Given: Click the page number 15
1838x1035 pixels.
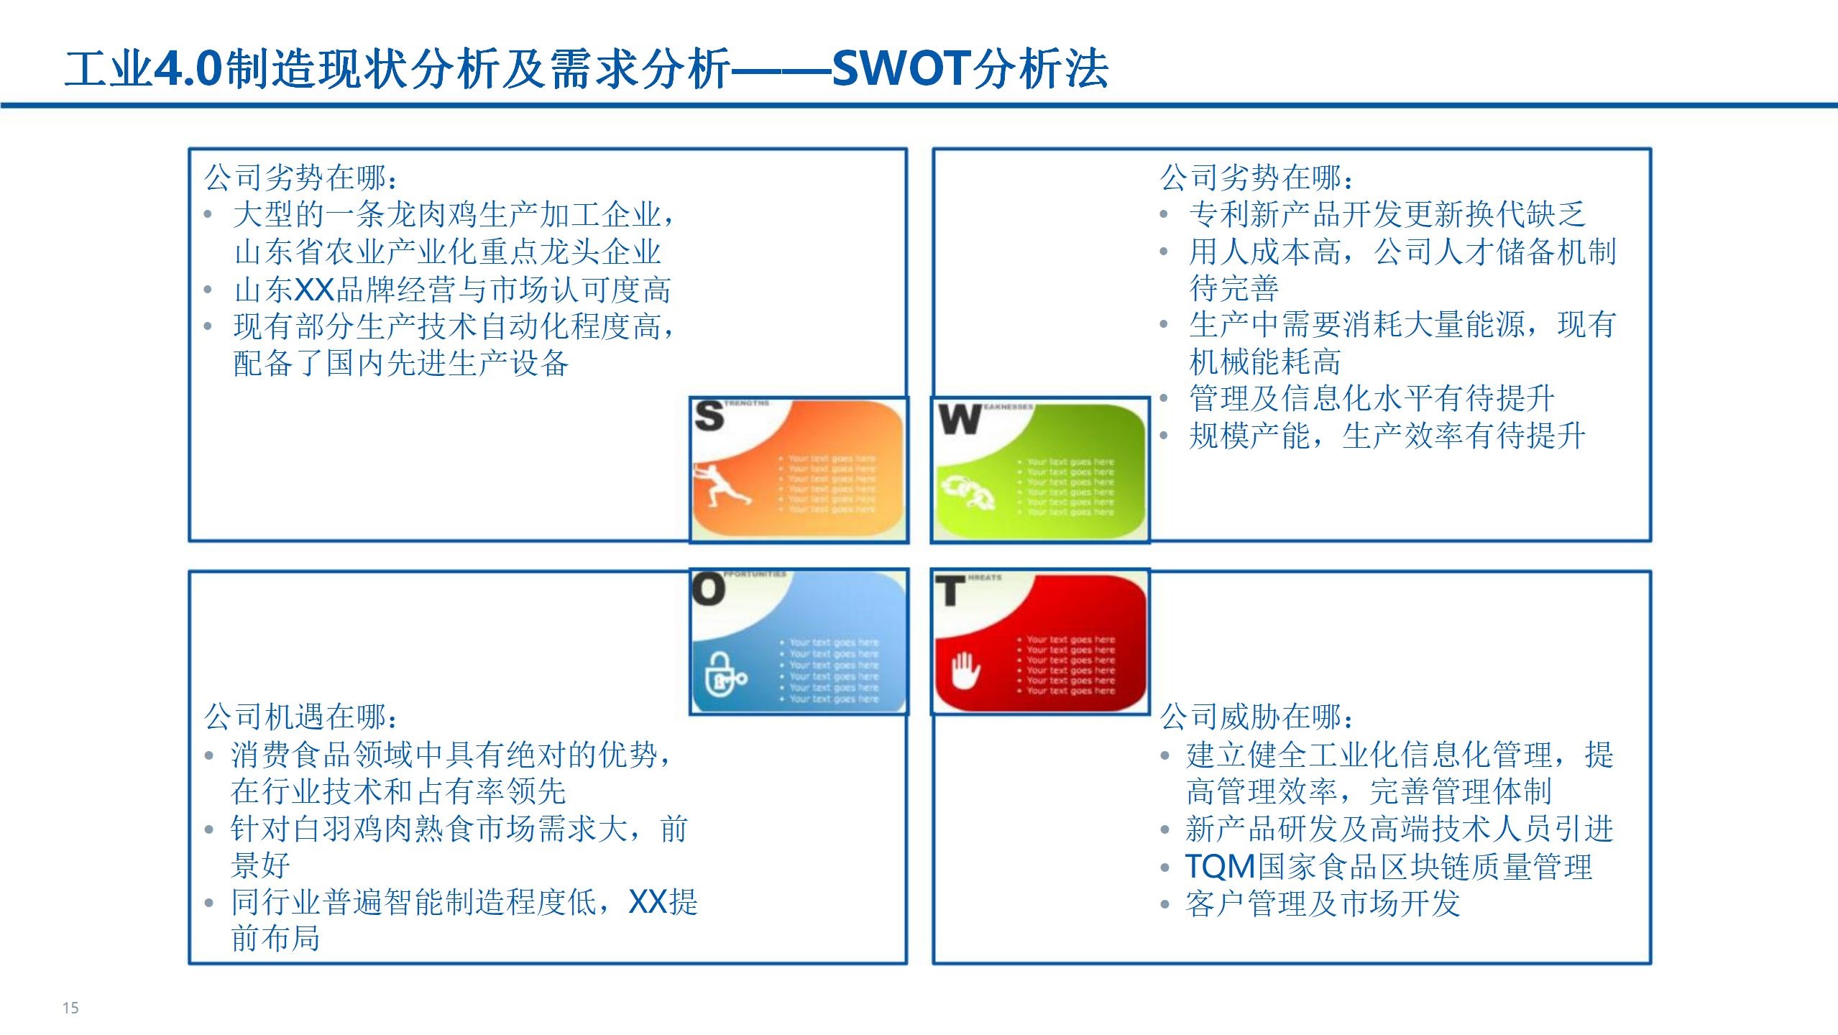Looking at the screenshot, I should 70,1008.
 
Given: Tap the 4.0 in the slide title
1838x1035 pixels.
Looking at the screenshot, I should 188,69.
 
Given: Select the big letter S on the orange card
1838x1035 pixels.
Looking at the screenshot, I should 709,416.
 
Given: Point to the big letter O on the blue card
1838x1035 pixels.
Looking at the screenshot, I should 708,589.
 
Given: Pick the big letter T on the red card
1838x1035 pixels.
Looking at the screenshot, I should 949,592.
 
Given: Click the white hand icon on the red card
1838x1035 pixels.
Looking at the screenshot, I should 965,671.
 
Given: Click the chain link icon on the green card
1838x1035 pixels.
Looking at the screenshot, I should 968,492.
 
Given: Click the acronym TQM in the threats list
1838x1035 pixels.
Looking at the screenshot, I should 1220,867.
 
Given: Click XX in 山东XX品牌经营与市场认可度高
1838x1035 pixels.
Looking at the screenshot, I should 314,290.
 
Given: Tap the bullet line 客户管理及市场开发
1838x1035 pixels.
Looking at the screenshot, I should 1323,904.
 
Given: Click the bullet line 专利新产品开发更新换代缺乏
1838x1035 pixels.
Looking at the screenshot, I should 1387,214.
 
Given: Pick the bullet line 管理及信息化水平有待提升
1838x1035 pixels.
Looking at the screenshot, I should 1371,398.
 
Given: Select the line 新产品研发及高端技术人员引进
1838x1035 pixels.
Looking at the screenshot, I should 1399,829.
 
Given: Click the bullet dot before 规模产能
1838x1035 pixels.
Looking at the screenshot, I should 1164,436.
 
